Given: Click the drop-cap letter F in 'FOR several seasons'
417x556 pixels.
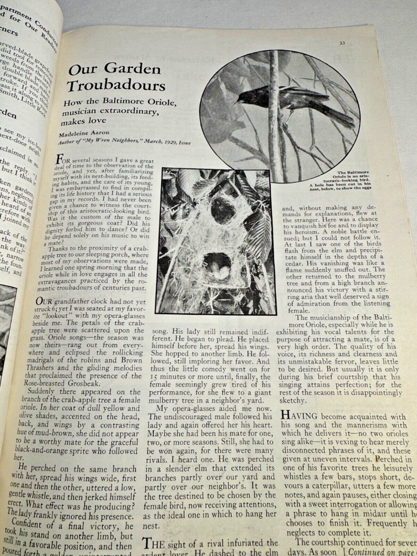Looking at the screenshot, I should pos(61,160).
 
